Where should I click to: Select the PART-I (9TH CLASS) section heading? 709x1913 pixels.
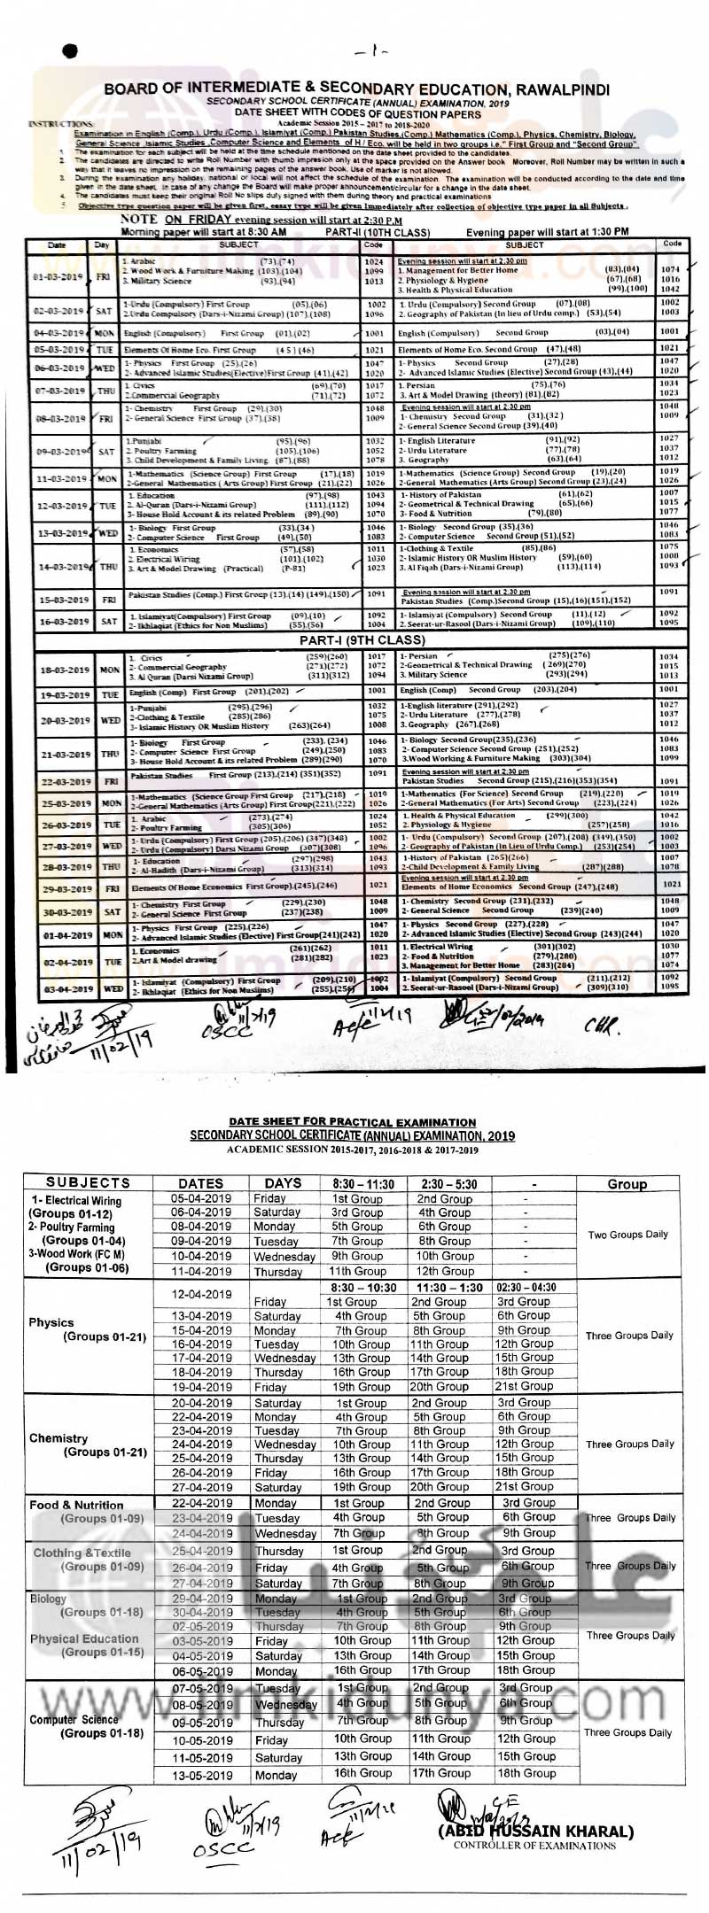pos(362,639)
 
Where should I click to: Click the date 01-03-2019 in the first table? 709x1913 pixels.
pos(58,276)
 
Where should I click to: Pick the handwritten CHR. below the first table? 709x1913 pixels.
pos(603,1026)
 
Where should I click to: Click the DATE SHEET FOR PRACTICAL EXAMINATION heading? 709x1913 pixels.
pos(352,1122)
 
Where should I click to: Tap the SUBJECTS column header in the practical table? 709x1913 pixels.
pos(88,1182)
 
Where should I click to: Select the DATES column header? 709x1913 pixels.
pos(201,1183)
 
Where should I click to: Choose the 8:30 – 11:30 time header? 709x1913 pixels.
pos(362,1183)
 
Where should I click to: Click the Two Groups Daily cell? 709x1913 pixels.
pos(627,1235)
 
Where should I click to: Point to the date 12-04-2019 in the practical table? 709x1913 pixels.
pos(201,1294)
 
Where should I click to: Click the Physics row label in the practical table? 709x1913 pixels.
pos(51,1322)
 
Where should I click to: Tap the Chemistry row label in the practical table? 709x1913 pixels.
pos(58,1438)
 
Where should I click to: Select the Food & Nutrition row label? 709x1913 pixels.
pos(76,1505)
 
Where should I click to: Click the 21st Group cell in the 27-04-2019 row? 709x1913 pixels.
pos(524,1487)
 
